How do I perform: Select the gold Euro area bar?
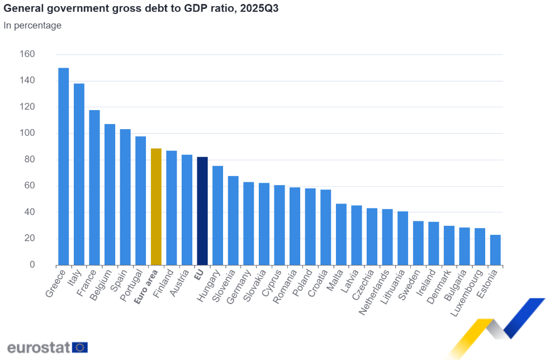point(156,207)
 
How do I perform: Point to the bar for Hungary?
point(217,216)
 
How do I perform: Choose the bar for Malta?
point(341,234)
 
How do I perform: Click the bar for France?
point(94,188)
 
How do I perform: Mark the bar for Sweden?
point(418,243)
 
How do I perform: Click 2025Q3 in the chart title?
point(259,8)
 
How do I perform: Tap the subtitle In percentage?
point(32,25)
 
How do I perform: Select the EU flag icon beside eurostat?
point(80,347)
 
